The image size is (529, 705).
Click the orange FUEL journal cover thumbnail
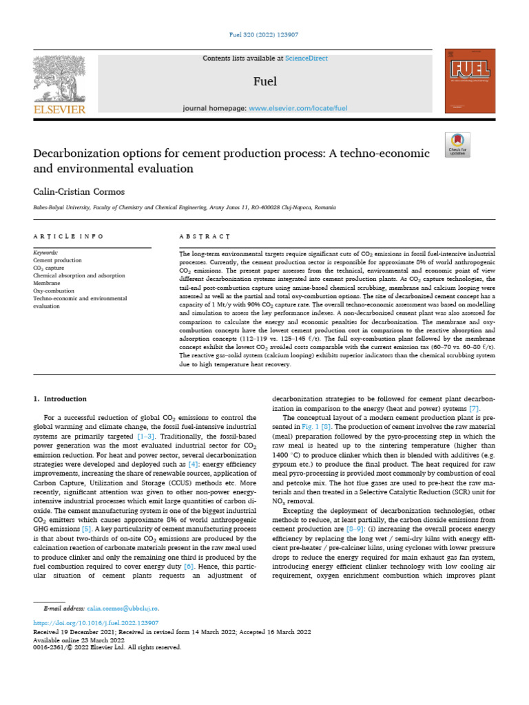click(x=470, y=81)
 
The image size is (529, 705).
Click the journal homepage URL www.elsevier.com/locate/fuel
click(x=298, y=108)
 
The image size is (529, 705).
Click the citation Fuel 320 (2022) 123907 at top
click(x=264, y=34)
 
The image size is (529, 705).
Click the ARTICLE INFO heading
click(x=68, y=236)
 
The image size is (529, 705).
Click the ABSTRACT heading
click(x=204, y=236)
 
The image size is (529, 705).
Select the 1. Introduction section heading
click(x=61, y=399)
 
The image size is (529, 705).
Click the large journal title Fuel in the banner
click(x=265, y=82)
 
